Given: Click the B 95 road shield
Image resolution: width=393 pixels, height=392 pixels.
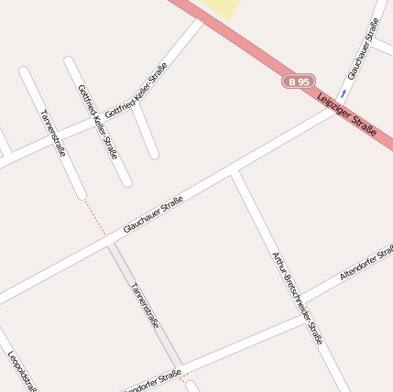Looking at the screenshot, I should click(299, 82).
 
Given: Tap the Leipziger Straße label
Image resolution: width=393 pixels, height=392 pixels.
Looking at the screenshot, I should click(348, 116).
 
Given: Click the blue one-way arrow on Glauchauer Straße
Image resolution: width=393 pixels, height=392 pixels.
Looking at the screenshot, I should click(344, 93).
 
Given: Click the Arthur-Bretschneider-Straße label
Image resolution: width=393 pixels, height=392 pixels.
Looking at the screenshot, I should click(298, 297).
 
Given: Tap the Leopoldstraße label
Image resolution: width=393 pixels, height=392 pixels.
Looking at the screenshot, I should click(22, 371).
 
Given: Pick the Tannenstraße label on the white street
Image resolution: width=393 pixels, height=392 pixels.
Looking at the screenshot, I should click(53, 134).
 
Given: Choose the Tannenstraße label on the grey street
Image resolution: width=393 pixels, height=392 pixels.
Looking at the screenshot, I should click(145, 304).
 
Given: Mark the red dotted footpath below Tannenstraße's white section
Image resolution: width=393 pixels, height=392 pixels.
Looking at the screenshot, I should click(94, 217).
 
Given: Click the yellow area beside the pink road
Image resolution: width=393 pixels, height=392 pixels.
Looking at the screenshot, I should click(222, 7).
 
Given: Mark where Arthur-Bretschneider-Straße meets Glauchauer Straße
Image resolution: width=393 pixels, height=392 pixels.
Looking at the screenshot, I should click(235, 171).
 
